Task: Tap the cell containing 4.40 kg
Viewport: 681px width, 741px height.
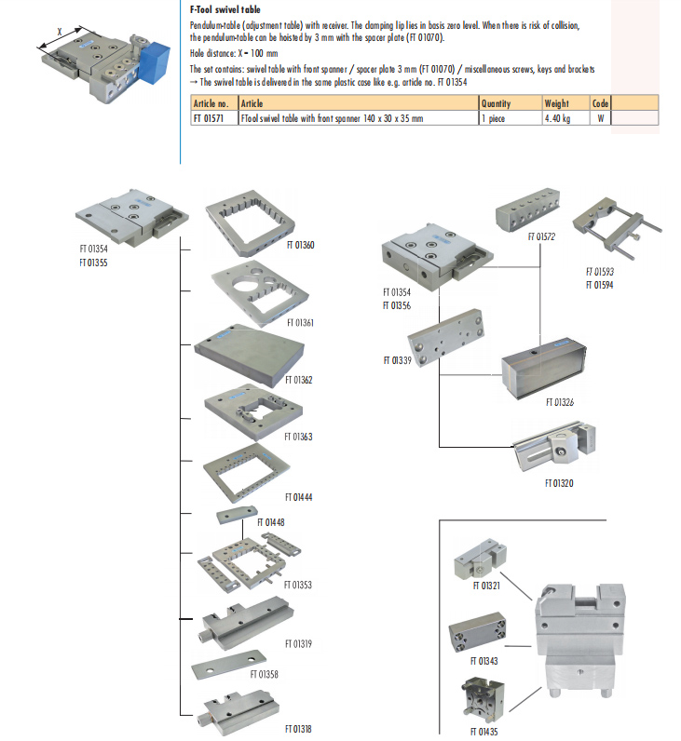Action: tap(556, 119)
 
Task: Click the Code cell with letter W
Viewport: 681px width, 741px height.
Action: tap(601, 119)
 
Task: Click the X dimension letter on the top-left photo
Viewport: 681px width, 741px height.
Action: tap(59, 31)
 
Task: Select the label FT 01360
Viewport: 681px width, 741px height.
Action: tap(298, 247)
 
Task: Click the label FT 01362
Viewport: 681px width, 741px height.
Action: tap(298, 380)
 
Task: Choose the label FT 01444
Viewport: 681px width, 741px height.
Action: tap(298, 497)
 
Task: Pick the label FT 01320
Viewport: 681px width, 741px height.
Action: tap(559, 483)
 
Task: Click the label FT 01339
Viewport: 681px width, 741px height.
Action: tap(398, 359)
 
